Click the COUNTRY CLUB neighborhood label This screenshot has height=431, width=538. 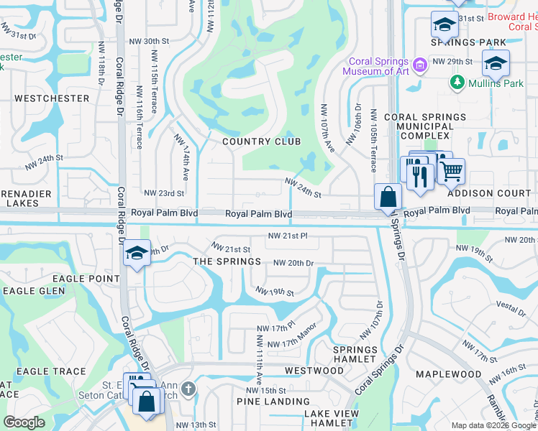pos(261,142)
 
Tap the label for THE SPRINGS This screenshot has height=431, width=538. pos(227,261)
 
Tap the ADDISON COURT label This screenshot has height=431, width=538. pos(490,193)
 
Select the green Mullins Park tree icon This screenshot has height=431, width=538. pos(457,83)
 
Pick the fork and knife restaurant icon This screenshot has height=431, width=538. pos(420,175)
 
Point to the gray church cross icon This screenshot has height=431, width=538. pos(188,389)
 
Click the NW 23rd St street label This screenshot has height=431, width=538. pos(164,193)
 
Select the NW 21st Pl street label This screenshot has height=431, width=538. pos(288,236)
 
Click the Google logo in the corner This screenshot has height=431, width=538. pos(24,422)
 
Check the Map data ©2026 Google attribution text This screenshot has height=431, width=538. pos(493,425)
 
